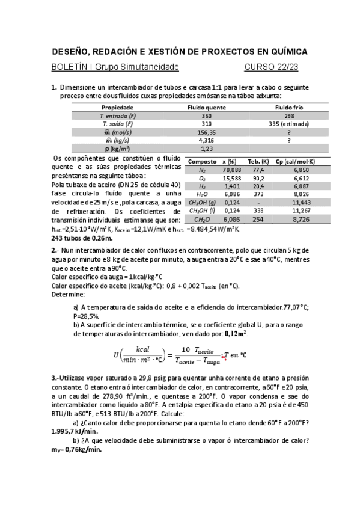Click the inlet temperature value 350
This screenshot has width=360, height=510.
206,115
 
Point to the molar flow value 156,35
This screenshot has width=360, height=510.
206,132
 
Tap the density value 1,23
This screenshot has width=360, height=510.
206,148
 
